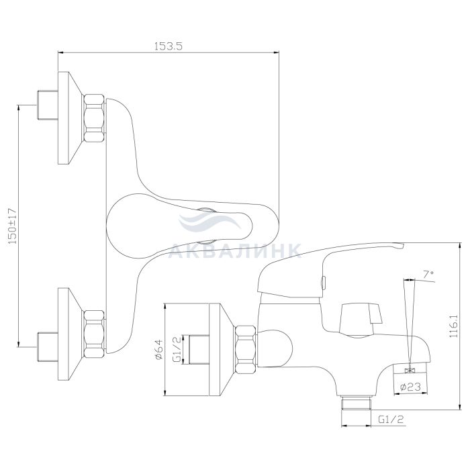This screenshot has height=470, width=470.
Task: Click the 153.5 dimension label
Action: pyautogui.click(x=168, y=46)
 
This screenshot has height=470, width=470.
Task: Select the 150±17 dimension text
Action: pyautogui.click(x=13, y=226)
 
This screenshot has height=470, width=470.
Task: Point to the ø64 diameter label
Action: pyautogui.click(x=158, y=349)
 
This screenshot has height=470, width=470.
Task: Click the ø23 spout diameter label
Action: pyautogui.click(x=410, y=387)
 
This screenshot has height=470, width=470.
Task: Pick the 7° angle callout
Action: pyautogui.click(x=428, y=274)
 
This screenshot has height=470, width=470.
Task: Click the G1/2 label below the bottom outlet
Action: pyautogui.click(x=391, y=420)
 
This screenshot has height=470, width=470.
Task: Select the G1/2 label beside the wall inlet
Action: pyautogui.click(x=177, y=349)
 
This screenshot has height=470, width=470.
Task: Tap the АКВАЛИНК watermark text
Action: pyautogui.click(x=235, y=250)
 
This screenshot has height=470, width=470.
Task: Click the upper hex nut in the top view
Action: pyautogui.click(x=94, y=118)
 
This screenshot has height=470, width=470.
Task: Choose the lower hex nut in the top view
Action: pyautogui.click(x=94, y=334)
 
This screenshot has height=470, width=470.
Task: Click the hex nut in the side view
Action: pyautogui.click(x=246, y=349)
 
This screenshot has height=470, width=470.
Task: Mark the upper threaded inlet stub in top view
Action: pyautogui.click(x=48, y=105)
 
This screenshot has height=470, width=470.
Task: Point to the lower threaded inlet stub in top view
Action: pyautogui.click(x=48, y=347)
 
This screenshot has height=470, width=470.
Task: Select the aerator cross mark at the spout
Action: pyautogui.click(x=409, y=371)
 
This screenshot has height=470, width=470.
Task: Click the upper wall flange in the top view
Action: pyautogui.click(x=70, y=118)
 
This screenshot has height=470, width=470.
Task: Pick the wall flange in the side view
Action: pyautogui.click(x=222, y=350)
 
